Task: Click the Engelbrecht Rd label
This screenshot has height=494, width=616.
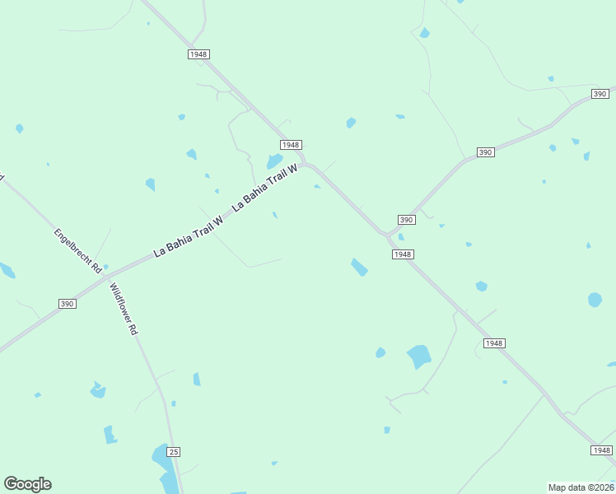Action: tap(77, 250)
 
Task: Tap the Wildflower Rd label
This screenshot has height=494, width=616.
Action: tap(124, 310)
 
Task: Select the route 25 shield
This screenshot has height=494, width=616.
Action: tap(173, 452)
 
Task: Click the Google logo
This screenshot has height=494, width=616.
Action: tap(27, 484)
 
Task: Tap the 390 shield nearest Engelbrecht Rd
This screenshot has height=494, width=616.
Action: tap(68, 304)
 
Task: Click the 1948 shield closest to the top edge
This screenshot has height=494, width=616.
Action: tap(198, 54)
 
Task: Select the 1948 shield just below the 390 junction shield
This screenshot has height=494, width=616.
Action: tap(402, 254)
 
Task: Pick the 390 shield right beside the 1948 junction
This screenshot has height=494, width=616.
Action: tap(406, 220)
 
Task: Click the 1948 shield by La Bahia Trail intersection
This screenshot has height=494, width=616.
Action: tap(291, 145)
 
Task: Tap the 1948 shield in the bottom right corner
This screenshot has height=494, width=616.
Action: tap(602, 450)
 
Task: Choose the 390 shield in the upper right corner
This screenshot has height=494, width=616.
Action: tap(600, 95)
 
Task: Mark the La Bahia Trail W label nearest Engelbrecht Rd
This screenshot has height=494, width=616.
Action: tap(189, 237)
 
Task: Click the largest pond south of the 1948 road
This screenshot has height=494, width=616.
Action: tap(419, 357)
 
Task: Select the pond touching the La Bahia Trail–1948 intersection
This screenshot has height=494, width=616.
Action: tap(274, 161)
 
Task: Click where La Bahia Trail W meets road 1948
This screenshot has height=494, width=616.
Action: tap(304, 164)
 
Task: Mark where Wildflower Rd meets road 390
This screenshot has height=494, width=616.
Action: tap(110, 276)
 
